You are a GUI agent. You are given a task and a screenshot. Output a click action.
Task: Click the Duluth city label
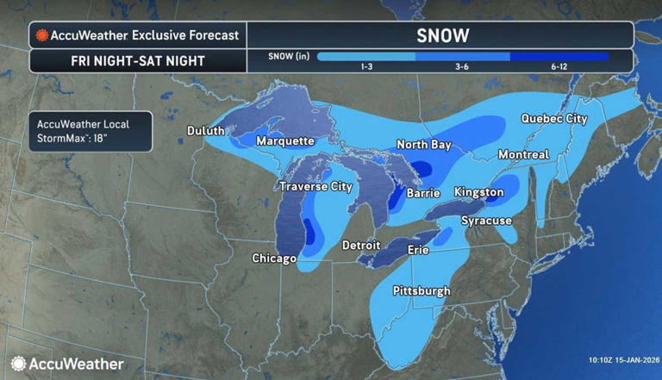206,130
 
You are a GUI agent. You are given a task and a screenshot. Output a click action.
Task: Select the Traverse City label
315,186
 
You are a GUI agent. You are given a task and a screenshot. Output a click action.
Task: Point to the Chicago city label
275,258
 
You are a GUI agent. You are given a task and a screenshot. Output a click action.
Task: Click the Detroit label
361,245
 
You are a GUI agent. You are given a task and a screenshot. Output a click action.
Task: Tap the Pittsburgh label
422,290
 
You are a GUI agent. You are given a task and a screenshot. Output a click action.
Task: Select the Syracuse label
486,221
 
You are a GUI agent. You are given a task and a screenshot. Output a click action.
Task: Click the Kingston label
478,191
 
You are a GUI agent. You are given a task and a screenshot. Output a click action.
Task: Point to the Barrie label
423,194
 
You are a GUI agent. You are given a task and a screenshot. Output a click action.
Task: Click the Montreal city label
523,154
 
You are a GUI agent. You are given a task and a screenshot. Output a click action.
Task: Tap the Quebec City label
553,118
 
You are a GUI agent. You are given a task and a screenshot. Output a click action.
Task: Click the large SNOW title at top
442,35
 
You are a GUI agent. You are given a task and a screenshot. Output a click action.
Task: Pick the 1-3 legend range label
367,67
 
